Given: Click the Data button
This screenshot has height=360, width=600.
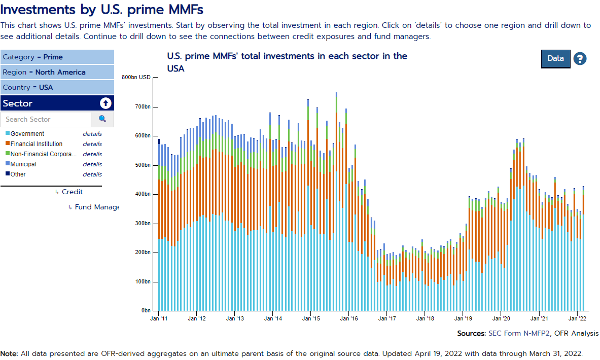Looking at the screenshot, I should point(555,58).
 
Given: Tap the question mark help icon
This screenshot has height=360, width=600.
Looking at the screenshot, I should point(580,59).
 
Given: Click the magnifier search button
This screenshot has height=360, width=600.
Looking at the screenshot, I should point(102,119).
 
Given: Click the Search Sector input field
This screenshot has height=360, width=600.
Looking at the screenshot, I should point(46,119).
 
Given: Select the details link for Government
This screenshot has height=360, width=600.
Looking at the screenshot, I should point(92,134).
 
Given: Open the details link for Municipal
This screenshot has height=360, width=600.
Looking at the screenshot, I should point(92,164).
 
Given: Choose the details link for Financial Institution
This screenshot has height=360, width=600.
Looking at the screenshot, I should point(92,144).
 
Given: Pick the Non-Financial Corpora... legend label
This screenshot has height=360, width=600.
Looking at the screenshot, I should point(43,154).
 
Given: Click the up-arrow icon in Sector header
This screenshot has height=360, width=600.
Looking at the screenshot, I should point(105,103).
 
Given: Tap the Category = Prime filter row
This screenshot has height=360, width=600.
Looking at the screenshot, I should point(57,57).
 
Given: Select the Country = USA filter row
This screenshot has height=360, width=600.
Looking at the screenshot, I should point(57,87).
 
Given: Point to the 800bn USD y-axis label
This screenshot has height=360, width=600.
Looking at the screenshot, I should point(136,78).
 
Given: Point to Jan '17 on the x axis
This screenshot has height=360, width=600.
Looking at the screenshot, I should point(386,318).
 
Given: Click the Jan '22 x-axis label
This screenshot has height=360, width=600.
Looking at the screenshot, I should point(577,318).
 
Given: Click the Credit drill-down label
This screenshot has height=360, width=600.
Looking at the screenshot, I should point(72,192).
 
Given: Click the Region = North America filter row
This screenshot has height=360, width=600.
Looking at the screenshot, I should point(57,72).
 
